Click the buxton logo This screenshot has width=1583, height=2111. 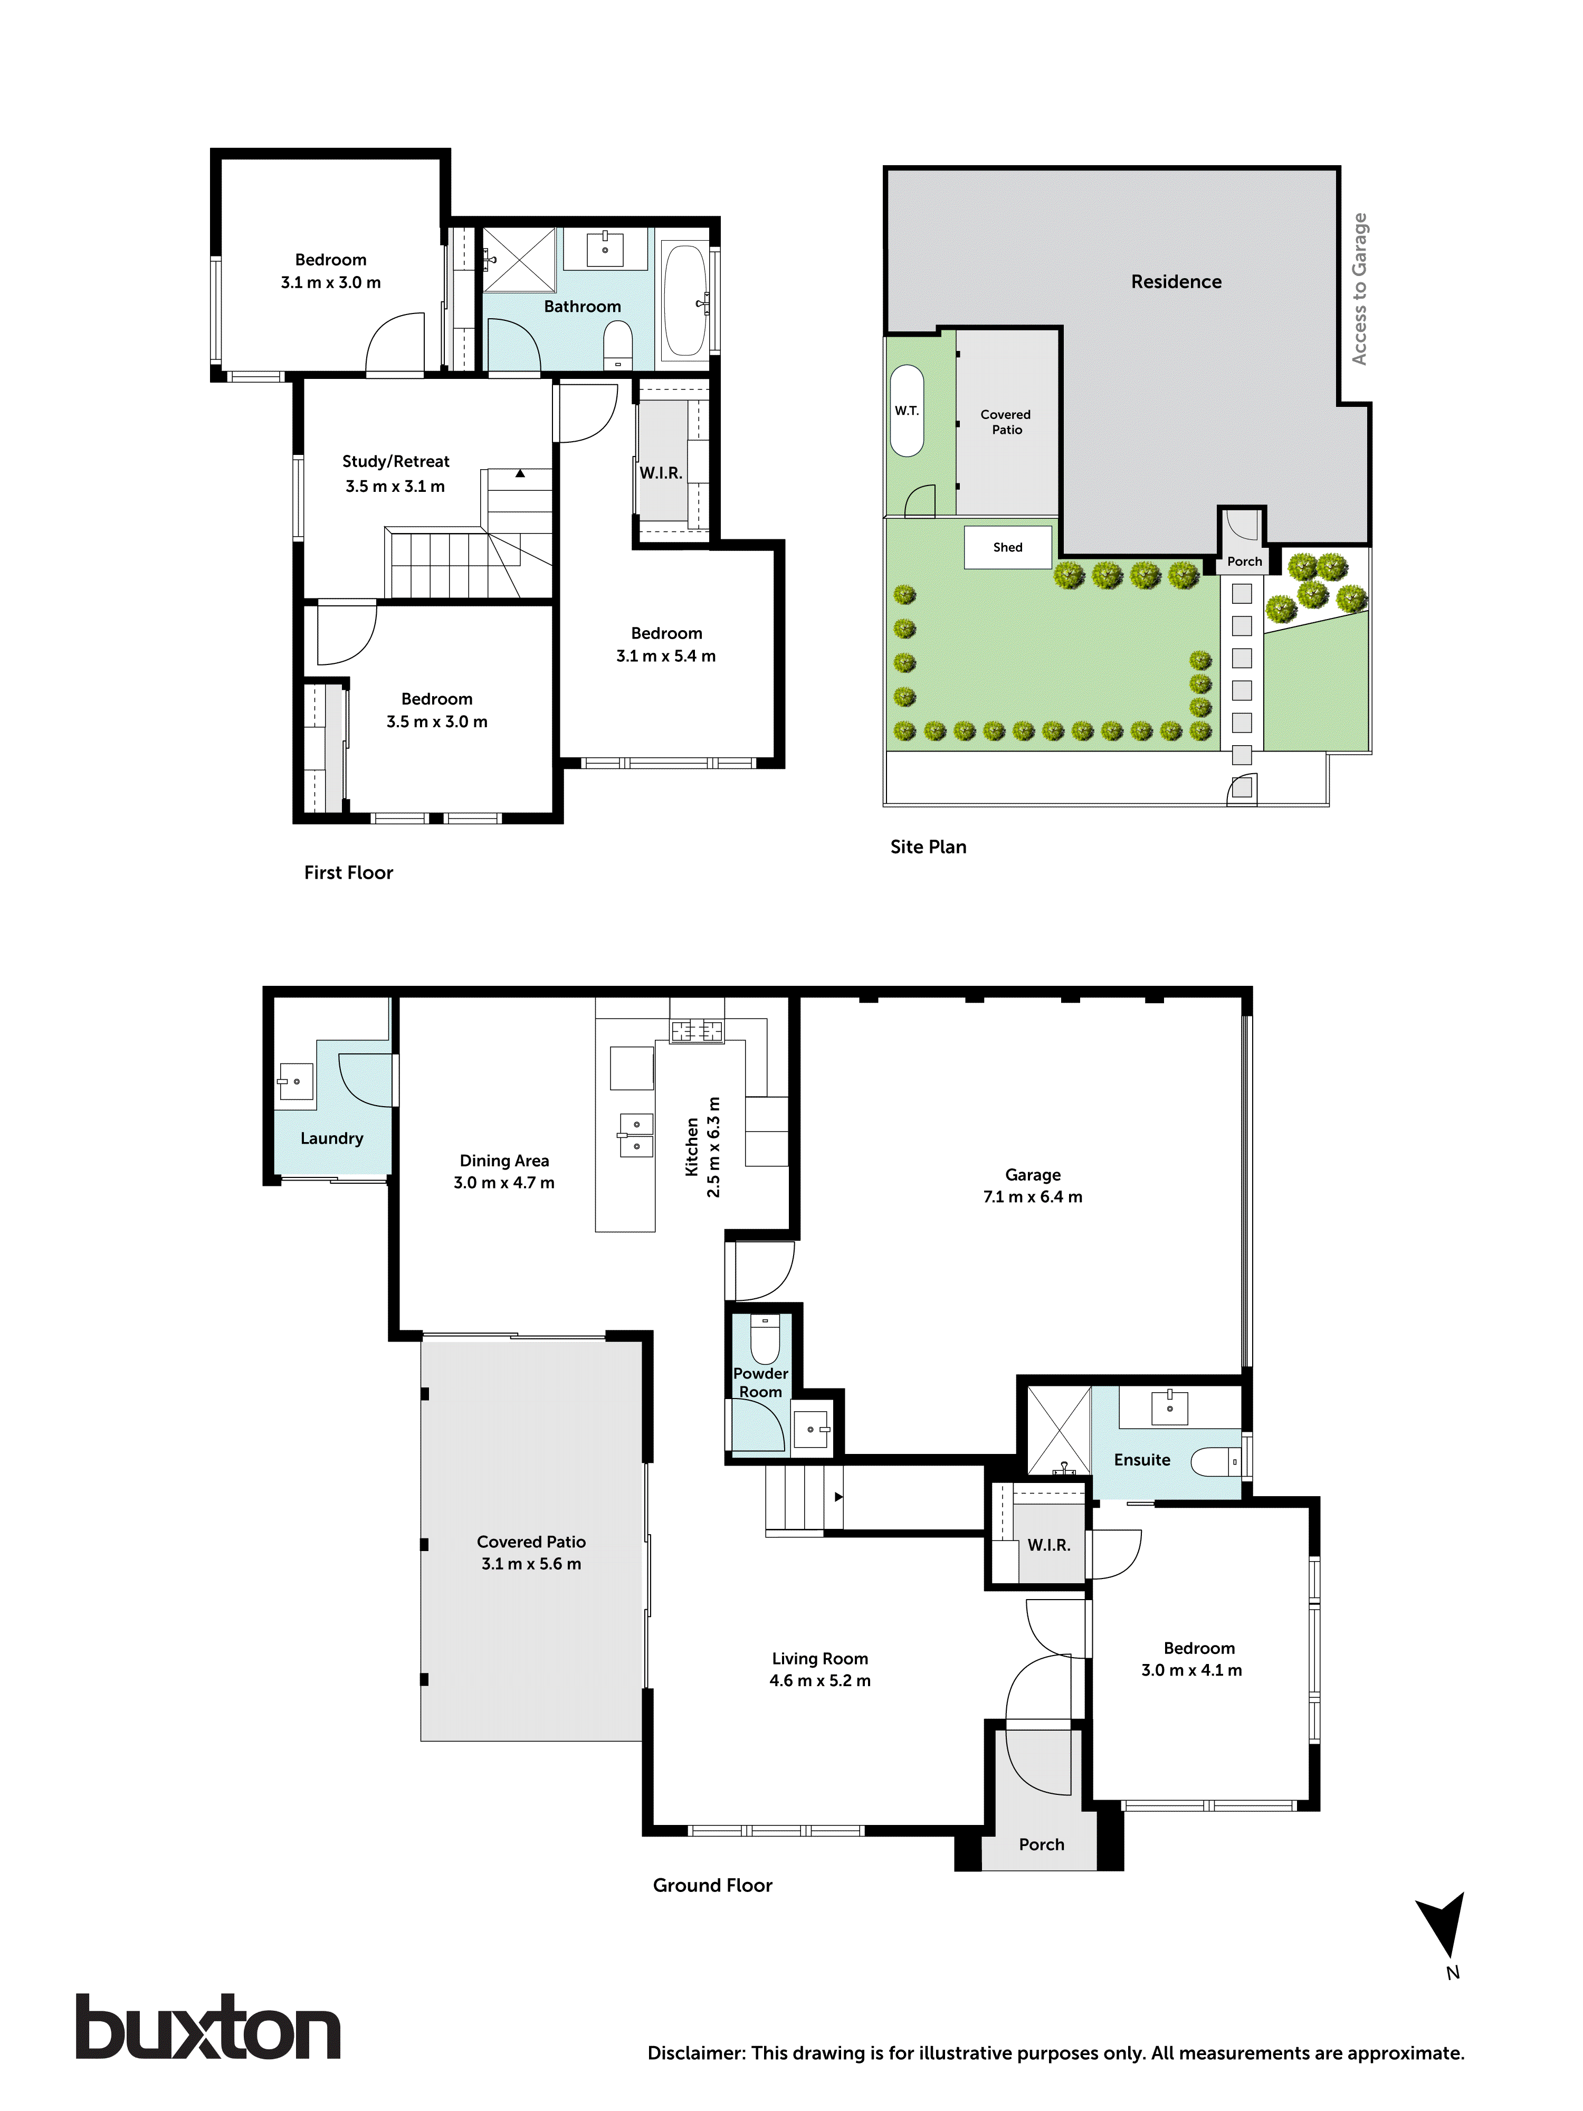click(208, 2027)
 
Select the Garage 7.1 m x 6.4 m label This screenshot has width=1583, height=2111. click(1033, 1185)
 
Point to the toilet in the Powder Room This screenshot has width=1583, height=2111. click(764, 1340)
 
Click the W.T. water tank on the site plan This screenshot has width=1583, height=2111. click(907, 411)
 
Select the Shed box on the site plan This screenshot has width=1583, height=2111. click(1008, 547)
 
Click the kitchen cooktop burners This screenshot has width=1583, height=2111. click(697, 1031)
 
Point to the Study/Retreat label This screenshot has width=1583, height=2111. click(395, 461)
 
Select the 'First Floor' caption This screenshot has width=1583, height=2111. click(348, 872)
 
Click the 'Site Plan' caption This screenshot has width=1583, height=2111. click(928, 847)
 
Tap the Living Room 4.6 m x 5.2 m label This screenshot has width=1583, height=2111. click(819, 1669)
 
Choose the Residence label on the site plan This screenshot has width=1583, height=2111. click(1176, 281)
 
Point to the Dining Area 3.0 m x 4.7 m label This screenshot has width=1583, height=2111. click(504, 1171)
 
